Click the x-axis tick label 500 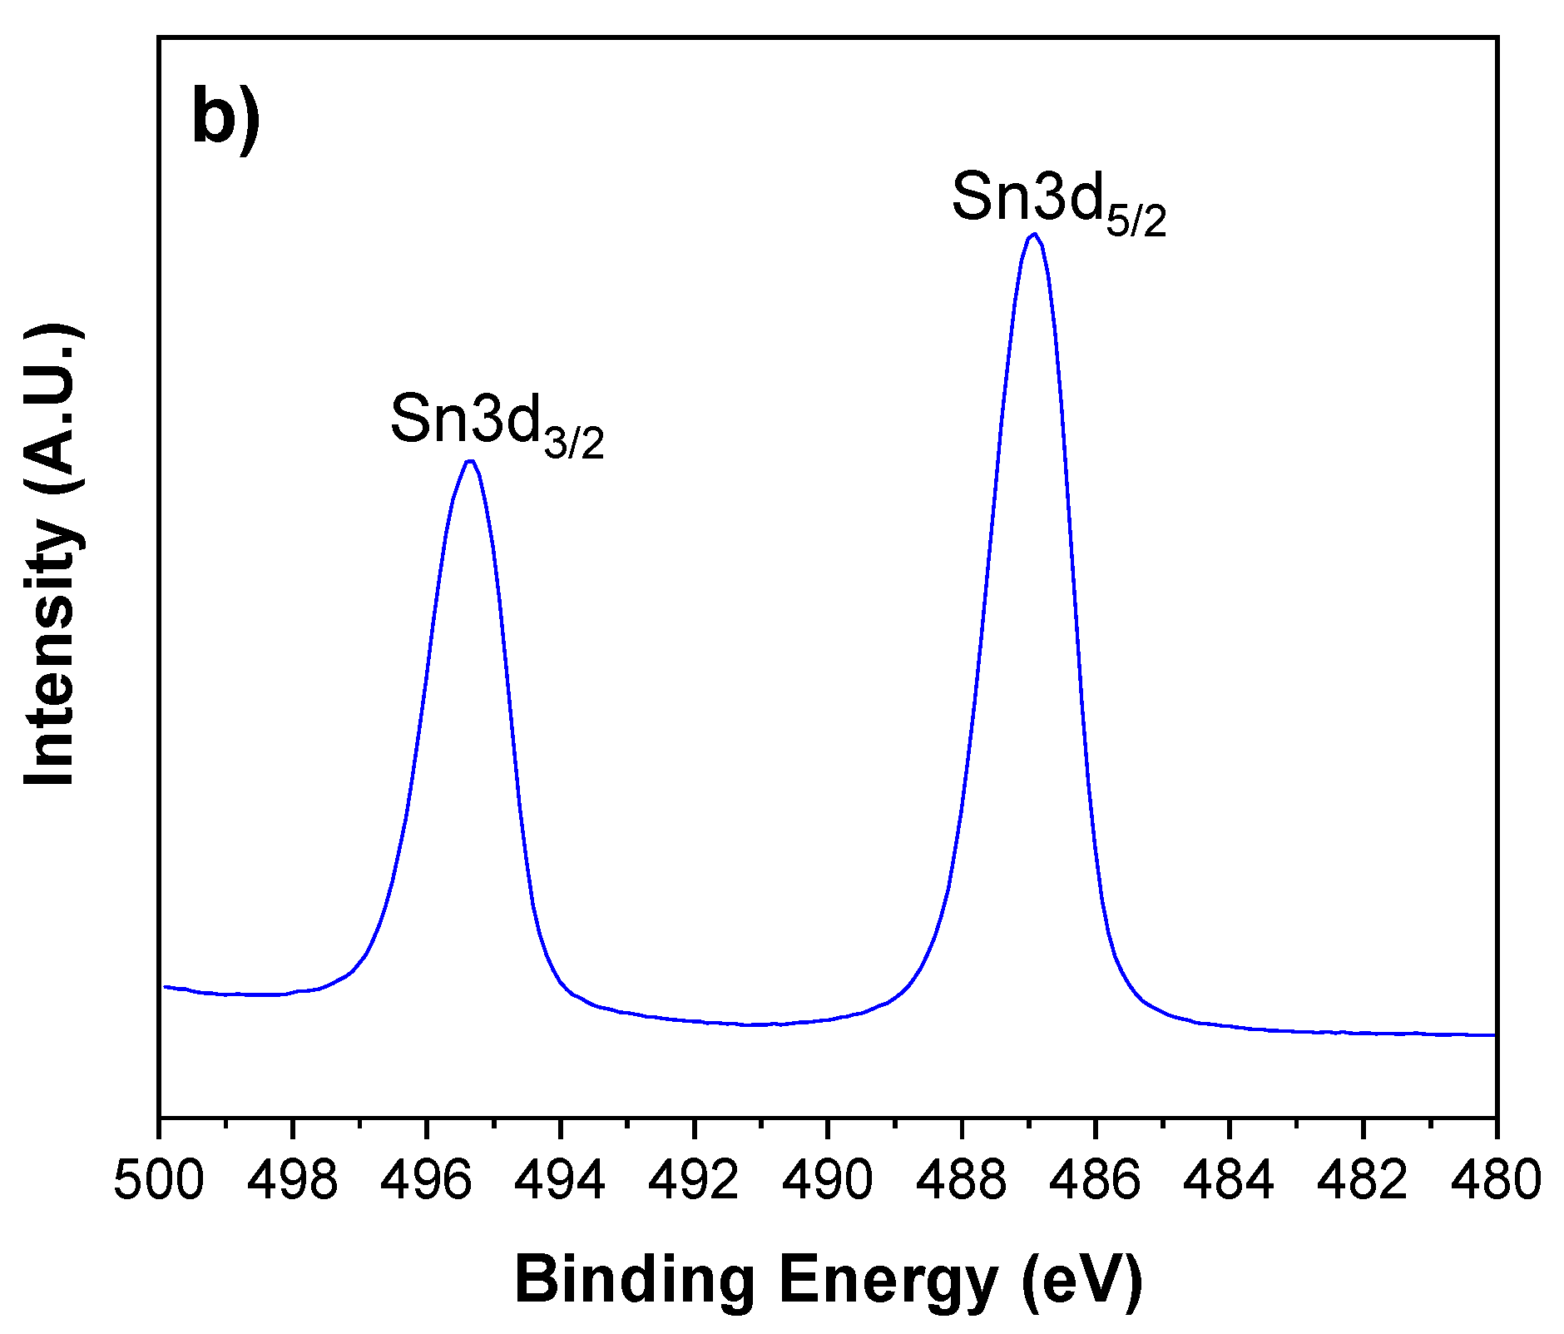[159, 1180]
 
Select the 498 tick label [293, 1180]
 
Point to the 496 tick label [427, 1180]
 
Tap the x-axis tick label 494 [561, 1180]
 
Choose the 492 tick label [695, 1180]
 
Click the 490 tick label [828, 1180]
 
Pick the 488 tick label [962, 1180]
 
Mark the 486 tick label [1096, 1180]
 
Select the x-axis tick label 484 [1230, 1180]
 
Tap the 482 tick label [1363, 1180]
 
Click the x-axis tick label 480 [1496, 1180]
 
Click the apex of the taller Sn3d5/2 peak [1034, 235]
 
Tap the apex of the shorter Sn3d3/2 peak [471, 461]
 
